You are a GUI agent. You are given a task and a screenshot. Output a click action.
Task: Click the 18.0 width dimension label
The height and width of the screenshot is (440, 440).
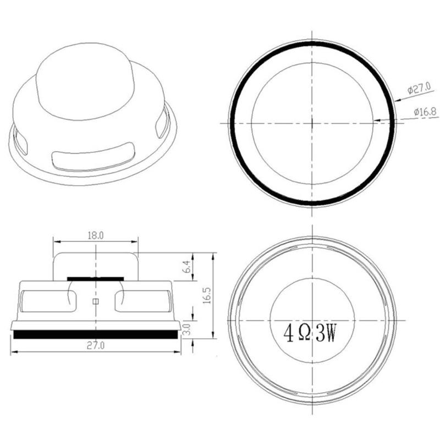pyautogui.click(x=96, y=235)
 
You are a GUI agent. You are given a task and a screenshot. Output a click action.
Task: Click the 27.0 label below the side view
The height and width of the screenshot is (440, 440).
pyautogui.click(x=96, y=345)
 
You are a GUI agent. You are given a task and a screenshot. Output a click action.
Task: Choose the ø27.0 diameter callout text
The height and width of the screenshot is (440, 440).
pyautogui.click(x=419, y=87)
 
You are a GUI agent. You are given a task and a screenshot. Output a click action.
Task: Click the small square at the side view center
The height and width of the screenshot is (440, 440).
pyautogui.click(x=96, y=301)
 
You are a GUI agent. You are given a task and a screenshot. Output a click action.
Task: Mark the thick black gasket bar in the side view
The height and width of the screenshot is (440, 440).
pyautogui.click(x=96, y=334)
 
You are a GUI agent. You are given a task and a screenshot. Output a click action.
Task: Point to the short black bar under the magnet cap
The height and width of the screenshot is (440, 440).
pyautogui.click(x=96, y=279)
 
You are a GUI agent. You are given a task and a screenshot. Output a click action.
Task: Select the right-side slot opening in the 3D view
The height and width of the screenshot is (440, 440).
pyautogui.click(x=162, y=124)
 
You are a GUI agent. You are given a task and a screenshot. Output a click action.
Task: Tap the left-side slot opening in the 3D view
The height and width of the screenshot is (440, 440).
pyautogui.click(x=20, y=141)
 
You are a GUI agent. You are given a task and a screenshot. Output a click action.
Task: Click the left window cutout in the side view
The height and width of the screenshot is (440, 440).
pyautogui.click(x=47, y=300)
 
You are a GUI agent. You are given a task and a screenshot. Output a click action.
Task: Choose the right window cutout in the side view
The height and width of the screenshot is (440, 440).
pyautogui.click(x=144, y=300)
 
